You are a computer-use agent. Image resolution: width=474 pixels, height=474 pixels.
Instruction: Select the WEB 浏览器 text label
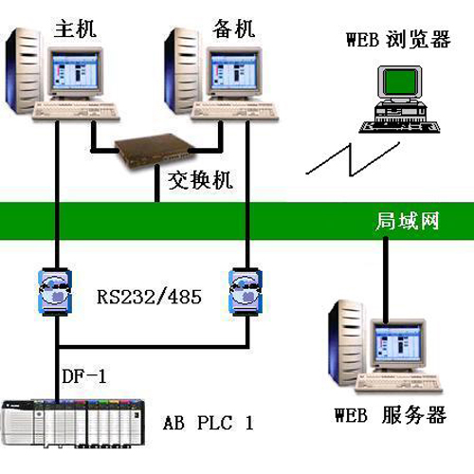pyautogui.click(x=398, y=40)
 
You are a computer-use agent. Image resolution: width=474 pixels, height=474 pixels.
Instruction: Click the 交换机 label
pyautogui.click(x=201, y=180)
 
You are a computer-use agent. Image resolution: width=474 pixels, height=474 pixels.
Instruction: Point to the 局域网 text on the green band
pyautogui.click(x=408, y=221)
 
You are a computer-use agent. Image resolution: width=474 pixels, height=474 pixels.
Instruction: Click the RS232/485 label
pyautogui.click(x=149, y=297)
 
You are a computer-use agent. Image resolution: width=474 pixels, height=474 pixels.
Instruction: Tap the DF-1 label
pyautogui.click(x=84, y=376)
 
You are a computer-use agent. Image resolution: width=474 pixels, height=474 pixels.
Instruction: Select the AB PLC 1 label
pyautogui.click(x=209, y=423)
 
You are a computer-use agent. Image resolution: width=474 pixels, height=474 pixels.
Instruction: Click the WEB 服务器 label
pyautogui.click(x=391, y=415)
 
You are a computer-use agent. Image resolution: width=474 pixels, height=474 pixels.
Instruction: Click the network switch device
pyautogui.click(x=154, y=151)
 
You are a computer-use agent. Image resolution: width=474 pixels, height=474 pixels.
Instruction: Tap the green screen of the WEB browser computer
pyautogui.click(x=400, y=82)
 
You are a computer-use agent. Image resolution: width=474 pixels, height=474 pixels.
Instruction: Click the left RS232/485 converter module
pyautogui.click(x=55, y=292)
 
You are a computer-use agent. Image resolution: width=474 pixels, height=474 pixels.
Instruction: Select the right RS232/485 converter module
pyautogui.click(x=246, y=292)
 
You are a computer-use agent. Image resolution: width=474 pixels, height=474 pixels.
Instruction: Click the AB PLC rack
pyautogui.click(x=73, y=424)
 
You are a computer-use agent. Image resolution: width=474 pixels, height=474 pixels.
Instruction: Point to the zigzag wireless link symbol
pyautogui.click(x=353, y=158)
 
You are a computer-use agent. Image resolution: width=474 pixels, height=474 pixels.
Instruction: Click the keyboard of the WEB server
pyautogui.click(x=399, y=382)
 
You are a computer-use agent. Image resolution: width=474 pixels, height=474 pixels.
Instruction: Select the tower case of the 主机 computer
pyautogui.click(x=25, y=70)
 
